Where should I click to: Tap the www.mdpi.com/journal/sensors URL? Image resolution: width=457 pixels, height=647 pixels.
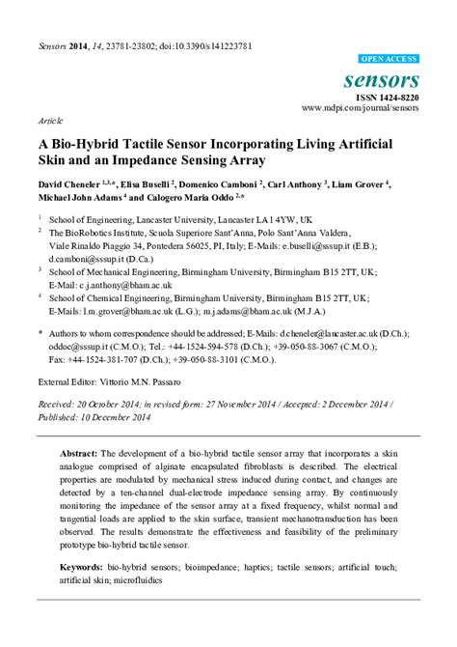360,108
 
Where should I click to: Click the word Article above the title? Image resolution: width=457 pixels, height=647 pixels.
51,124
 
